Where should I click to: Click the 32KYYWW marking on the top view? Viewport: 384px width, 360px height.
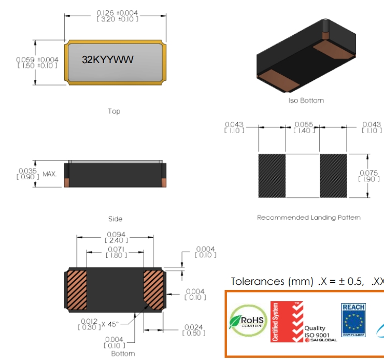tap(108, 60)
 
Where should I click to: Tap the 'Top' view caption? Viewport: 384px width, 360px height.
tap(114, 111)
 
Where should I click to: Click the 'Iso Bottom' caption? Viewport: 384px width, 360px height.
tap(306, 100)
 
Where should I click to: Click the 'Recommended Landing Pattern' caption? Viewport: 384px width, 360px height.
tap(309, 218)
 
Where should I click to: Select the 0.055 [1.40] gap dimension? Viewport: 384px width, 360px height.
tap(303, 128)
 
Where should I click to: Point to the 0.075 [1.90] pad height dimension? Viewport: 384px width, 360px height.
tap(368, 175)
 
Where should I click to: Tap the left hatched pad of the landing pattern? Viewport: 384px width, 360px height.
tap(272, 175)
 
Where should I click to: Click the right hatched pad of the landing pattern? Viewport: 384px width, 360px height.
tap(333, 175)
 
